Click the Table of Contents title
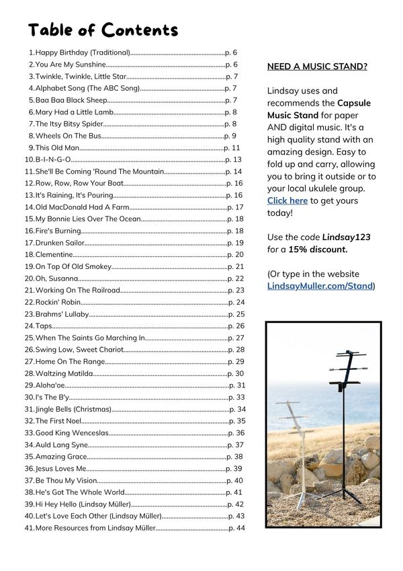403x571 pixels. tap(103, 30)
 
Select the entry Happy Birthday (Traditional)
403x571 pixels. tap(82, 52)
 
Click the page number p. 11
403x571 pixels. tap(232, 148)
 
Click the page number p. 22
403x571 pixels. tap(235, 278)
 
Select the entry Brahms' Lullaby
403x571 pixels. tap(62, 314)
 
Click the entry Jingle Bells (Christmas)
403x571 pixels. tap(73, 409)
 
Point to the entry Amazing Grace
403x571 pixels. tap(61, 457)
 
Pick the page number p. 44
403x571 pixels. tap(236, 528)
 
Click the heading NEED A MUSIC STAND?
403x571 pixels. tap(317, 67)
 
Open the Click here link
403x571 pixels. tap(287, 200)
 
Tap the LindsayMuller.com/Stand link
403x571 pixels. tap(320, 286)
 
